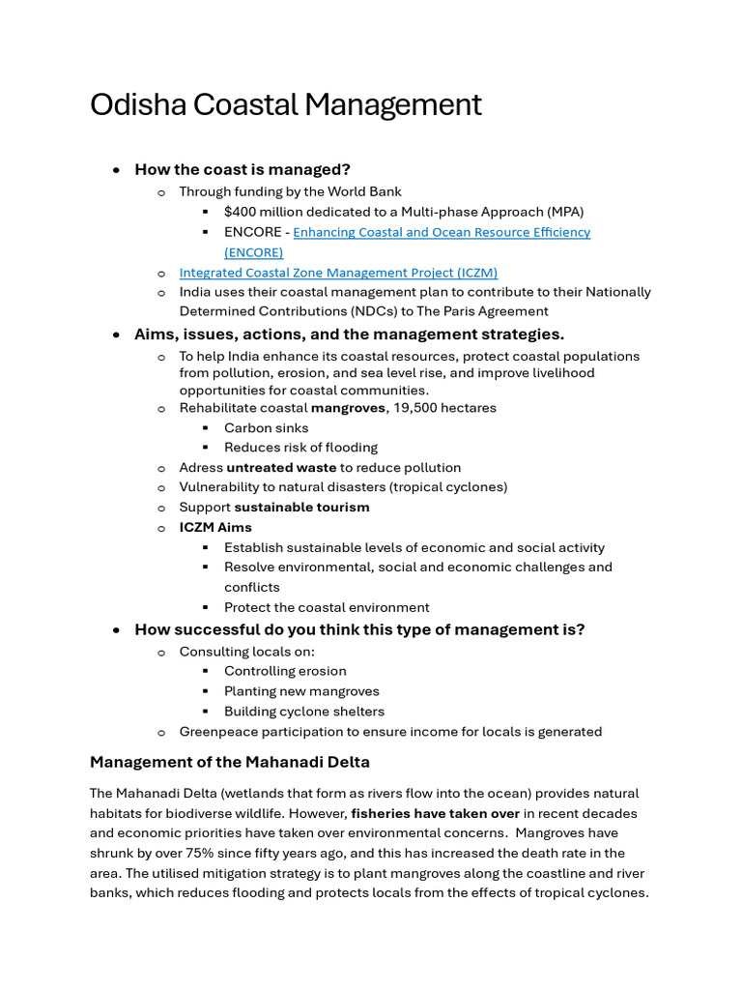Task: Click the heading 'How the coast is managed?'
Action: pyautogui.click(x=243, y=169)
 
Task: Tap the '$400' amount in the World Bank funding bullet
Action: pyautogui.click(x=241, y=211)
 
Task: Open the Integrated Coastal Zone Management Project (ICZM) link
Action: pyautogui.click(x=338, y=273)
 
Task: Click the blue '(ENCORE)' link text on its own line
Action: pyautogui.click(x=254, y=252)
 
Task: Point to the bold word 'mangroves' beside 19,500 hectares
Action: pyautogui.click(x=348, y=408)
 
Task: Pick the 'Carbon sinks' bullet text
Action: pyautogui.click(x=267, y=427)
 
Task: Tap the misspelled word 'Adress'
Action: pyautogui.click(x=200, y=467)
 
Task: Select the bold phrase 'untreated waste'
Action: pyautogui.click(x=281, y=467)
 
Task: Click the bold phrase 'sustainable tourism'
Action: pyautogui.click(x=301, y=507)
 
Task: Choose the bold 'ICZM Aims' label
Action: pyautogui.click(x=215, y=527)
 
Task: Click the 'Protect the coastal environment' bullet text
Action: pyautogui.click(x=327, y=607)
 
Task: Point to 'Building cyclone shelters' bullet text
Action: pyautogui.click(x=304, y=711)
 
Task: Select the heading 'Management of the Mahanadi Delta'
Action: pyautogui.click(x=230, y=762)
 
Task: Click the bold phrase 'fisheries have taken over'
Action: pyautogui.click(x=435, y=813)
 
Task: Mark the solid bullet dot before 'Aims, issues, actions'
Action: pyautogui.click(x=116, y=335)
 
